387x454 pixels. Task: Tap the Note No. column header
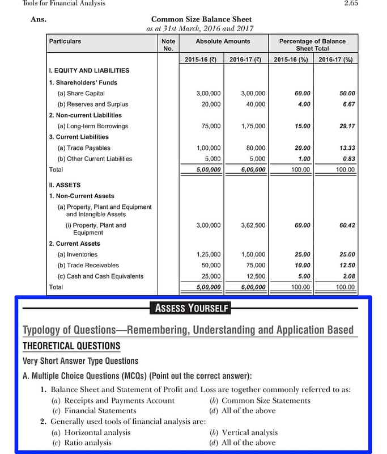tap(168, 45)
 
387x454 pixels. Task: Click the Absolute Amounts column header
tap(223, 41)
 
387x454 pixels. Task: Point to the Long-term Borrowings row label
tap(93, 126)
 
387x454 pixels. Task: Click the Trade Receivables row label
tap(88, 265)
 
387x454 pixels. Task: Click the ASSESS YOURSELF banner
tap(192, 309)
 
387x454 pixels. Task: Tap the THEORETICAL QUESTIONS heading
tap(71, 346)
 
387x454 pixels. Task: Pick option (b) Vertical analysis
tap(244, 432)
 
